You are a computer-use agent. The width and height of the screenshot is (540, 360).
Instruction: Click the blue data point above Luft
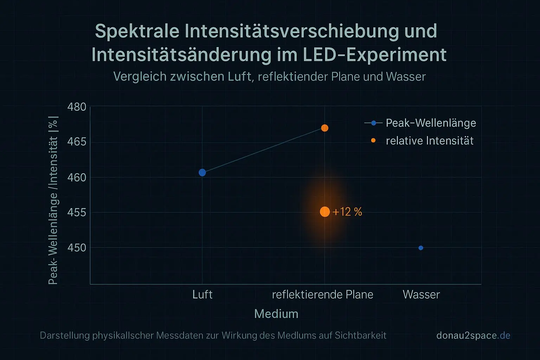202,172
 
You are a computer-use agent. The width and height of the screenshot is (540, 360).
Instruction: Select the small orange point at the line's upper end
325,128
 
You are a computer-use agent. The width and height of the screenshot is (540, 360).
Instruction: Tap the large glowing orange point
325,212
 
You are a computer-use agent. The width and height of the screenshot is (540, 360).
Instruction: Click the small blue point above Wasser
421,248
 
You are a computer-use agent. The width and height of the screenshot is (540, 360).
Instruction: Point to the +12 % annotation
347,212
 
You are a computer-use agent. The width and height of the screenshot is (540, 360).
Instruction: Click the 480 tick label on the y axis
77,107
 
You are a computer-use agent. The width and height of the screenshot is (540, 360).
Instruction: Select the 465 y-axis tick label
77,142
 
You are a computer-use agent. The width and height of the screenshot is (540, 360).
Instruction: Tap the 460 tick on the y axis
77,177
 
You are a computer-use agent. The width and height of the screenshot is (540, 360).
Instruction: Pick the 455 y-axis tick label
77,212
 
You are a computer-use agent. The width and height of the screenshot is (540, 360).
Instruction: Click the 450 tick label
77,247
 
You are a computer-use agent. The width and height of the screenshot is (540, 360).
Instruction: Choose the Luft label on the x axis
202,294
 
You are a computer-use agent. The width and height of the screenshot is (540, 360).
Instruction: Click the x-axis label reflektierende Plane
322,294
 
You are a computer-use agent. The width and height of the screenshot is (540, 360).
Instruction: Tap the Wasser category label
421,294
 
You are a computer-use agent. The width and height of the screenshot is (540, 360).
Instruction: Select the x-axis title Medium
276,314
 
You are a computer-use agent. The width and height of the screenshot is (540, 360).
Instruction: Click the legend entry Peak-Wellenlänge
431,123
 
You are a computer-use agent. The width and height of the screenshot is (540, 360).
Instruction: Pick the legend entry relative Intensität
430,141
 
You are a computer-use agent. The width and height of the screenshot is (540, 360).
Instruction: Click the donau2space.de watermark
473,335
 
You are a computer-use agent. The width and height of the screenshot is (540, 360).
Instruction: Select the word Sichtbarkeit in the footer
360,335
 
